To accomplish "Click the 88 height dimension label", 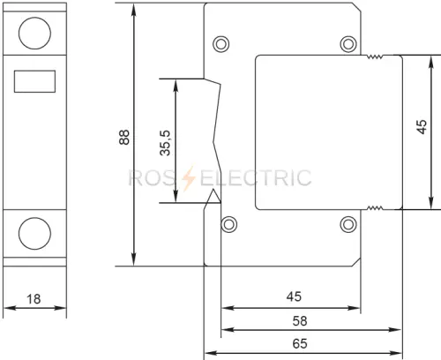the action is [124, 137].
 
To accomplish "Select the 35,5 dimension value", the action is [165, 143].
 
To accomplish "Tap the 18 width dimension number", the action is [34, 299].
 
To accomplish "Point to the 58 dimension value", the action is [300, 321].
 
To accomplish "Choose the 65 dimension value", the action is [300, 343].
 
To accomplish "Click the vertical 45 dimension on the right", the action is [422, 127].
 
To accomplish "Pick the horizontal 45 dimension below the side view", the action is [294, 296].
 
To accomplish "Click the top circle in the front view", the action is [34, 33].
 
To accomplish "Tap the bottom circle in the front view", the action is [34, 234].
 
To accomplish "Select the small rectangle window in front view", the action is [34, 81].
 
